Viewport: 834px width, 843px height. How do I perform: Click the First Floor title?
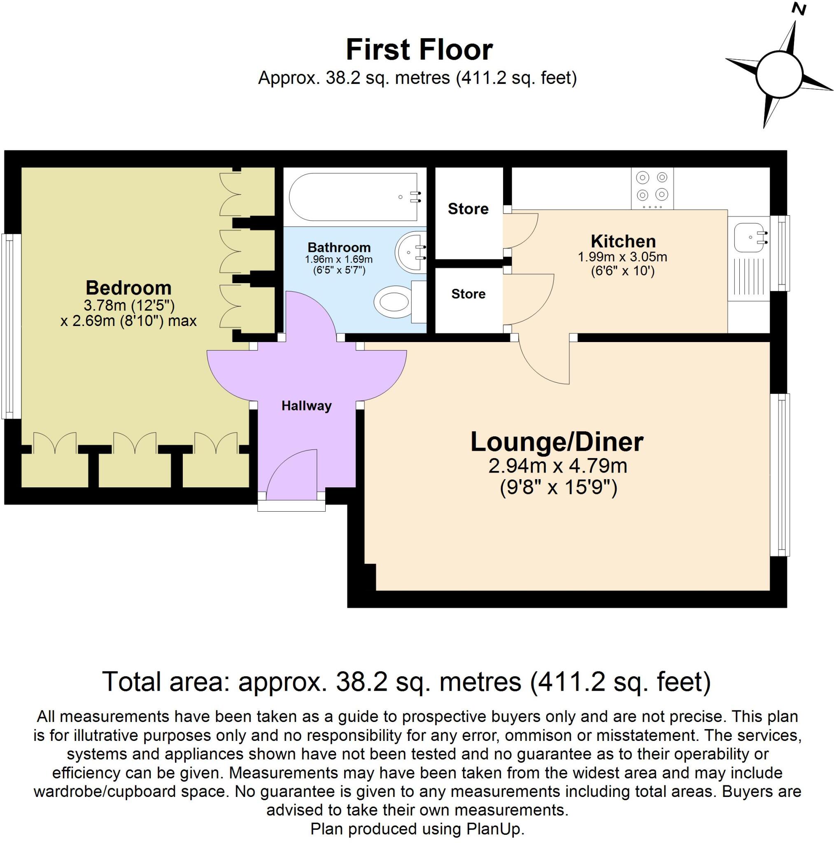[x=419, y=50]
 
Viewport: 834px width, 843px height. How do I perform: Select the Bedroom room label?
[x=128, y=288]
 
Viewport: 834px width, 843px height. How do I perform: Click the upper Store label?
[x=468, y=209]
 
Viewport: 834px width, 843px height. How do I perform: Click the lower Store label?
[x=468, y=294]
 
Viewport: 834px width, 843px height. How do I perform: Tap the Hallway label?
[x=306, y=406]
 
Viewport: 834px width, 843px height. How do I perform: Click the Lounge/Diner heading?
[x=557, y=442]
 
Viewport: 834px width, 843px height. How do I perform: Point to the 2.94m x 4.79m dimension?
[x=557, y=466]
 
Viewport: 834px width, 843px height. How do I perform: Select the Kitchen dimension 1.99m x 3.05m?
[x=622, y=257]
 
